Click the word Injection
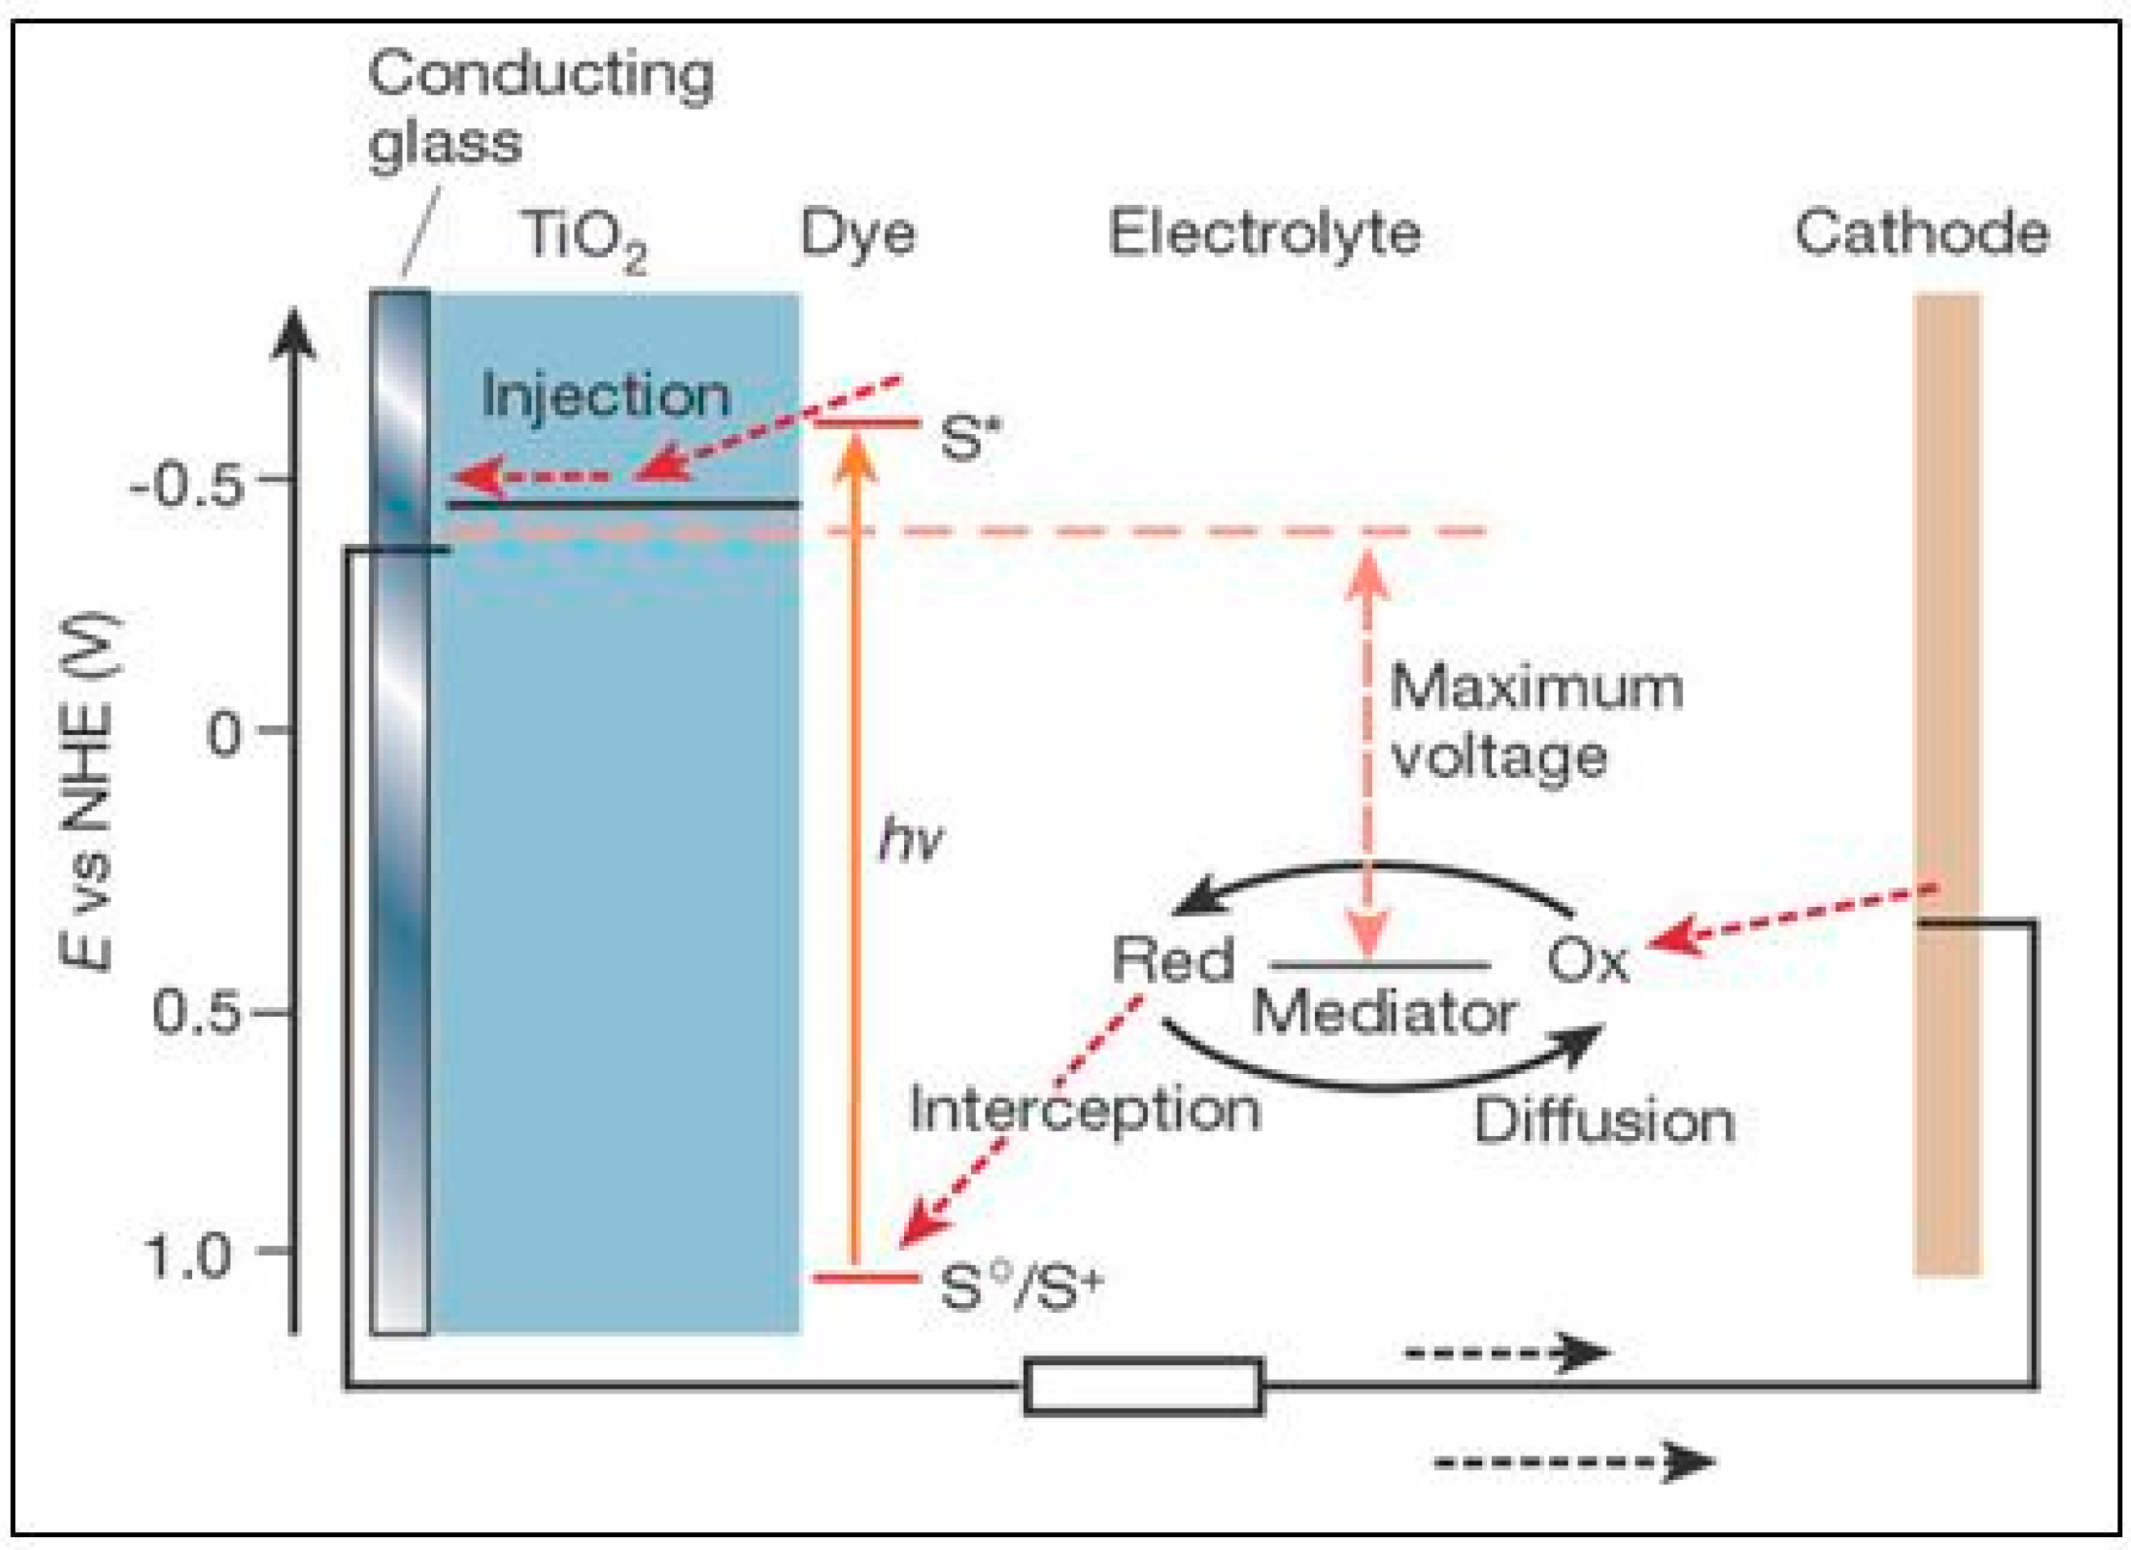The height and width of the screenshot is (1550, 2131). click(x=606, y=395)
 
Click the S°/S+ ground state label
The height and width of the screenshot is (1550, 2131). click(x=1020, y=1286)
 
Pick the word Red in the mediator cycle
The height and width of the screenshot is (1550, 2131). click(x=1172, y=960)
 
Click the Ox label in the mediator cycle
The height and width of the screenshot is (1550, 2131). click(x=1587, y=960)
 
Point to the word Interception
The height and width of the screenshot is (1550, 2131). click(x=1084, y=1109)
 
